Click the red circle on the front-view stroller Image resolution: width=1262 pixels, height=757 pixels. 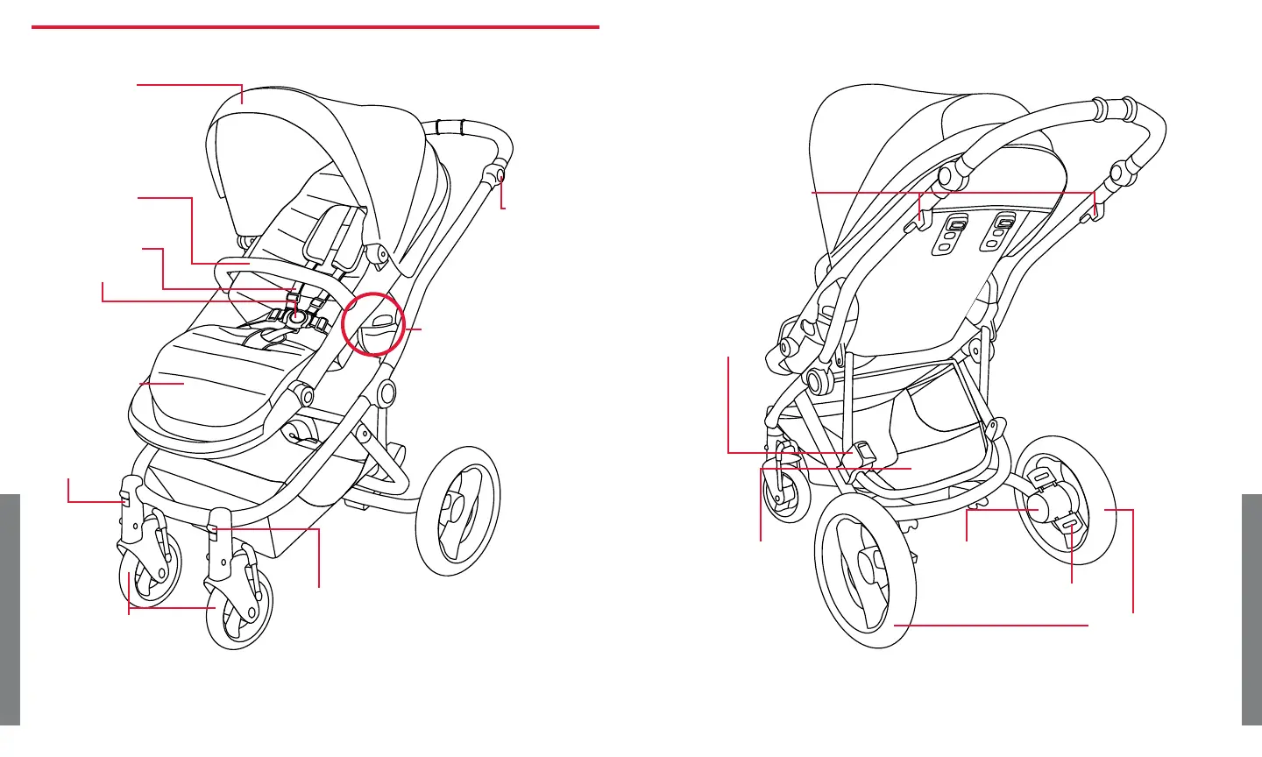click(373, 322)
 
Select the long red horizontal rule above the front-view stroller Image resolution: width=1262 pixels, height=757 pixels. click(315, 27)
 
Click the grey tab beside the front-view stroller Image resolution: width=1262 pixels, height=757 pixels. click(10, 610)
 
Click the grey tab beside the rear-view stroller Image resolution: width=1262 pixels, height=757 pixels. click(1251, 610)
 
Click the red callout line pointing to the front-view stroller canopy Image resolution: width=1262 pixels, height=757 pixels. click(189, 85)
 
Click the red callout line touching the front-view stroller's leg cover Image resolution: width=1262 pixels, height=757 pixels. click(162, 384)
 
